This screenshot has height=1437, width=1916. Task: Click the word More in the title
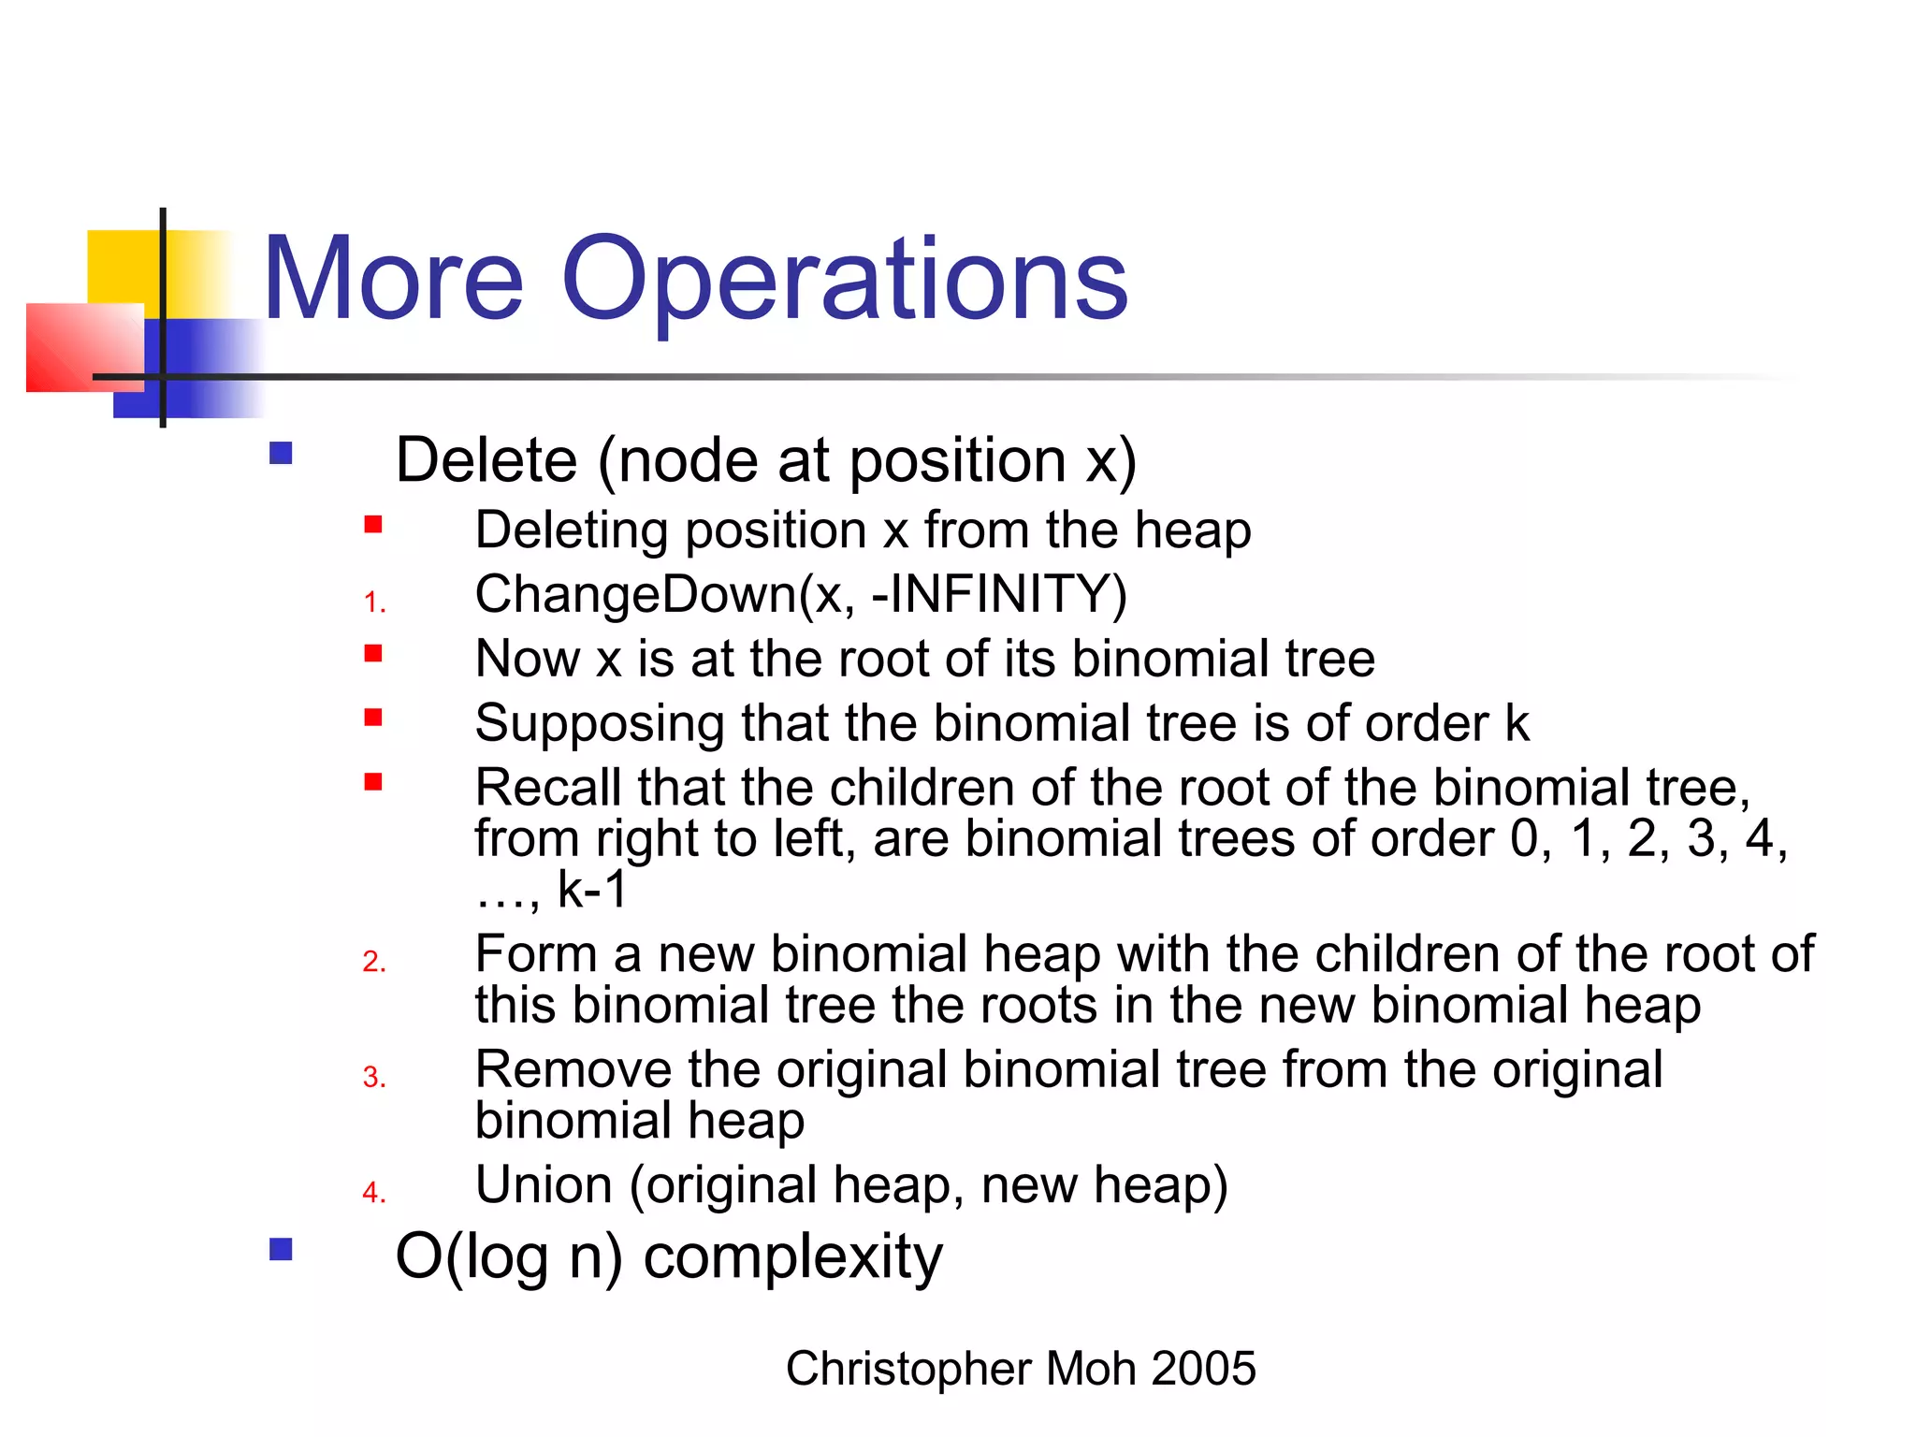393,281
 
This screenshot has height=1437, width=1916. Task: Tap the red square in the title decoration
84,347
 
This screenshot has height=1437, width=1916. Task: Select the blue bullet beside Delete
281,454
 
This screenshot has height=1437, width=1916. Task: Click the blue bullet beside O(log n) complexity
281,1250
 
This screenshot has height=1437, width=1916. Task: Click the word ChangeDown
636,595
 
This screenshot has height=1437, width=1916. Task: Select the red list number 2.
374,962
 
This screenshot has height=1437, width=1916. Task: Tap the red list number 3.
374,1078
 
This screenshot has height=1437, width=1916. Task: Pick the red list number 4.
374,1193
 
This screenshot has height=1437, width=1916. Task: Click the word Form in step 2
535,954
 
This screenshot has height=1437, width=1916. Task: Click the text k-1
591,889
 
